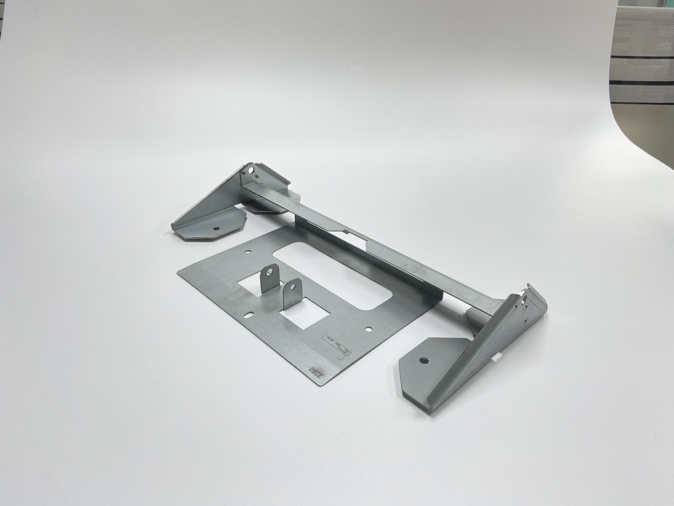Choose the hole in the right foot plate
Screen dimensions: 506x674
click(x=423, y=361)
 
